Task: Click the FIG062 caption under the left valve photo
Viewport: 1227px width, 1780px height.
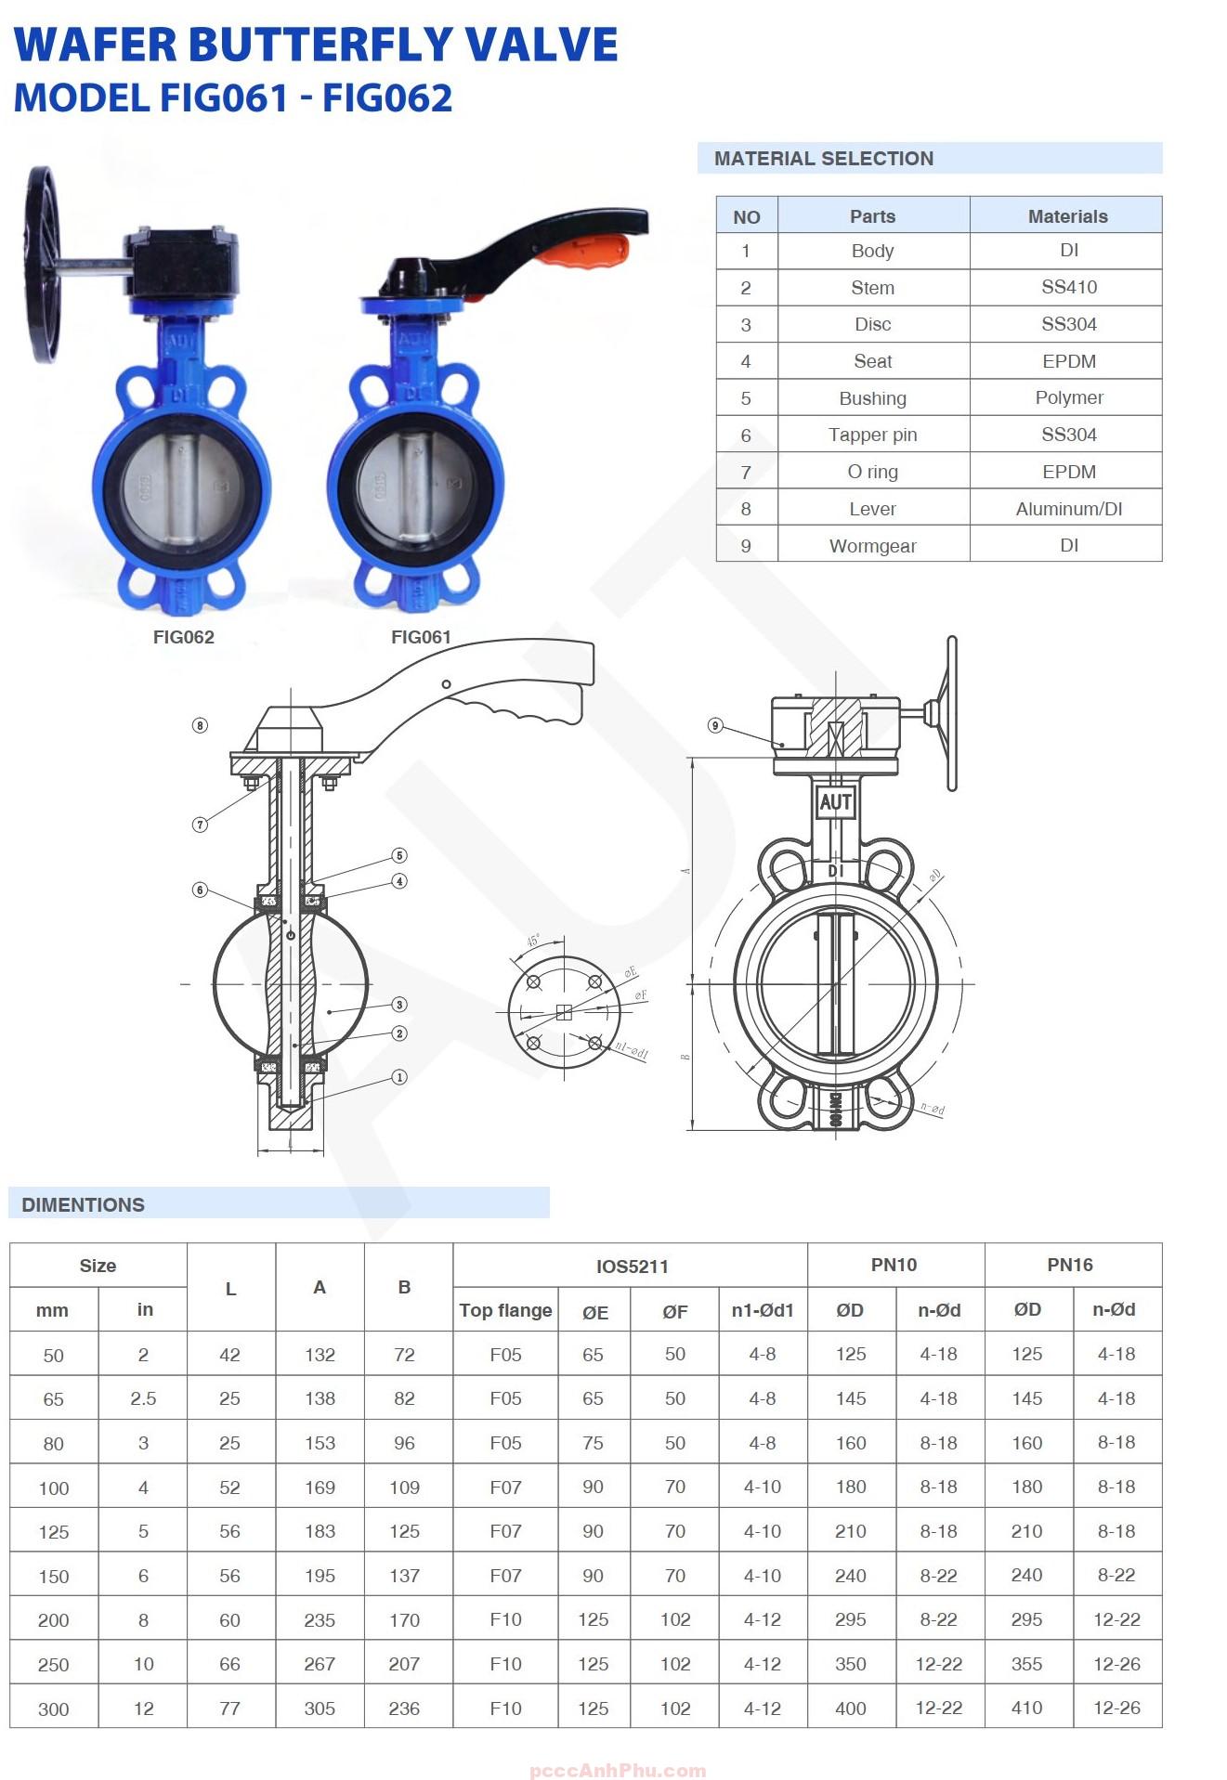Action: coord(183,637)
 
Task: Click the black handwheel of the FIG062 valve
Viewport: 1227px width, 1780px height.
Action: coord(43,265)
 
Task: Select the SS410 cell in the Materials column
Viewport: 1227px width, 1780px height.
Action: coord(1068,287)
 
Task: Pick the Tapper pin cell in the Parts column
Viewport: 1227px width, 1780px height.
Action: coord(872,435)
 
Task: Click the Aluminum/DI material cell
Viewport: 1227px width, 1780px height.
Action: coord(1068,509)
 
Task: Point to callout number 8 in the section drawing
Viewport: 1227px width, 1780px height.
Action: coord(200,725)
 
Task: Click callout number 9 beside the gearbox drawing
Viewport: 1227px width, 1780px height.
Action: coord(715,725)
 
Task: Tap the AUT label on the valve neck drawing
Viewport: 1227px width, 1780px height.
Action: coord(835,802)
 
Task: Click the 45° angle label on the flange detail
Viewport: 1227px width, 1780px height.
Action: coord(533,941)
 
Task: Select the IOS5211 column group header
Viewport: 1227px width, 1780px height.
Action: coord(632,1267)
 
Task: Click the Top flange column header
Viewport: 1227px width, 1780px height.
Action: coord(505,1310)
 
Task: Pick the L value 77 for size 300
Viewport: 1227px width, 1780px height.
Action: coord(229,1709)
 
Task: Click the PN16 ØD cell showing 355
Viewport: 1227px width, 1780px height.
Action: coord(1026,1664)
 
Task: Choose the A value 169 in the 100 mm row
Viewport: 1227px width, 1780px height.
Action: coord(320,1488)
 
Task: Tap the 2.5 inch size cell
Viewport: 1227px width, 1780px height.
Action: coord(143,1398)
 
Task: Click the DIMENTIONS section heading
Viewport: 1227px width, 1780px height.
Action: coord(84,1204)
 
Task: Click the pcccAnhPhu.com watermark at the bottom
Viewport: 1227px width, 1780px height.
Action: coord(617,1771)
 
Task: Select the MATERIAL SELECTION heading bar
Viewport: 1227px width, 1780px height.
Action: coord(929,159)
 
